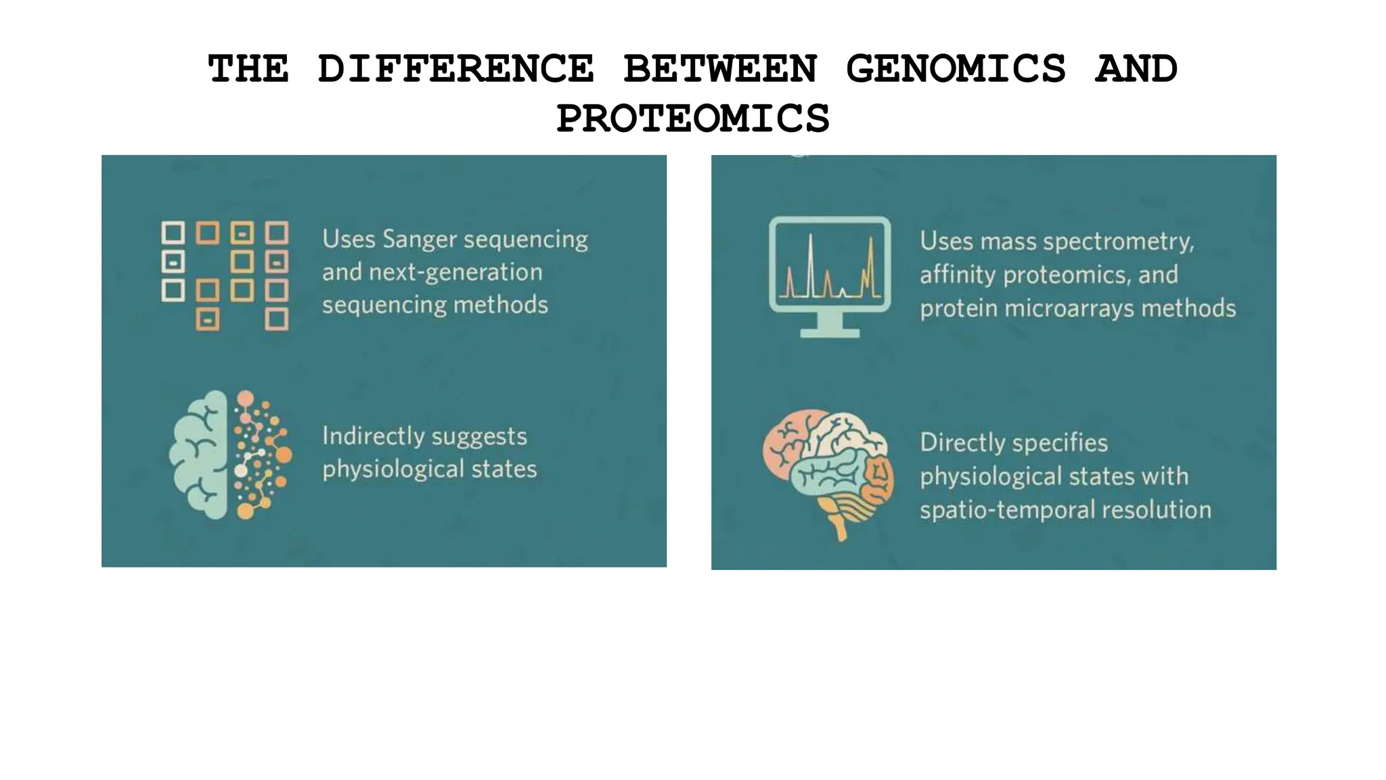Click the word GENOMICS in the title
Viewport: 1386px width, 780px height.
956,69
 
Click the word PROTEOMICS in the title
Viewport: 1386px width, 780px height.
692,118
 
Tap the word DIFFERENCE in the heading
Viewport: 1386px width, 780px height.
455,69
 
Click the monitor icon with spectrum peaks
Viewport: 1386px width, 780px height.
830,267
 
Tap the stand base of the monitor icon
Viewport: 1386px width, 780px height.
830,332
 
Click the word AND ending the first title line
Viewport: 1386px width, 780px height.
1136,69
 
